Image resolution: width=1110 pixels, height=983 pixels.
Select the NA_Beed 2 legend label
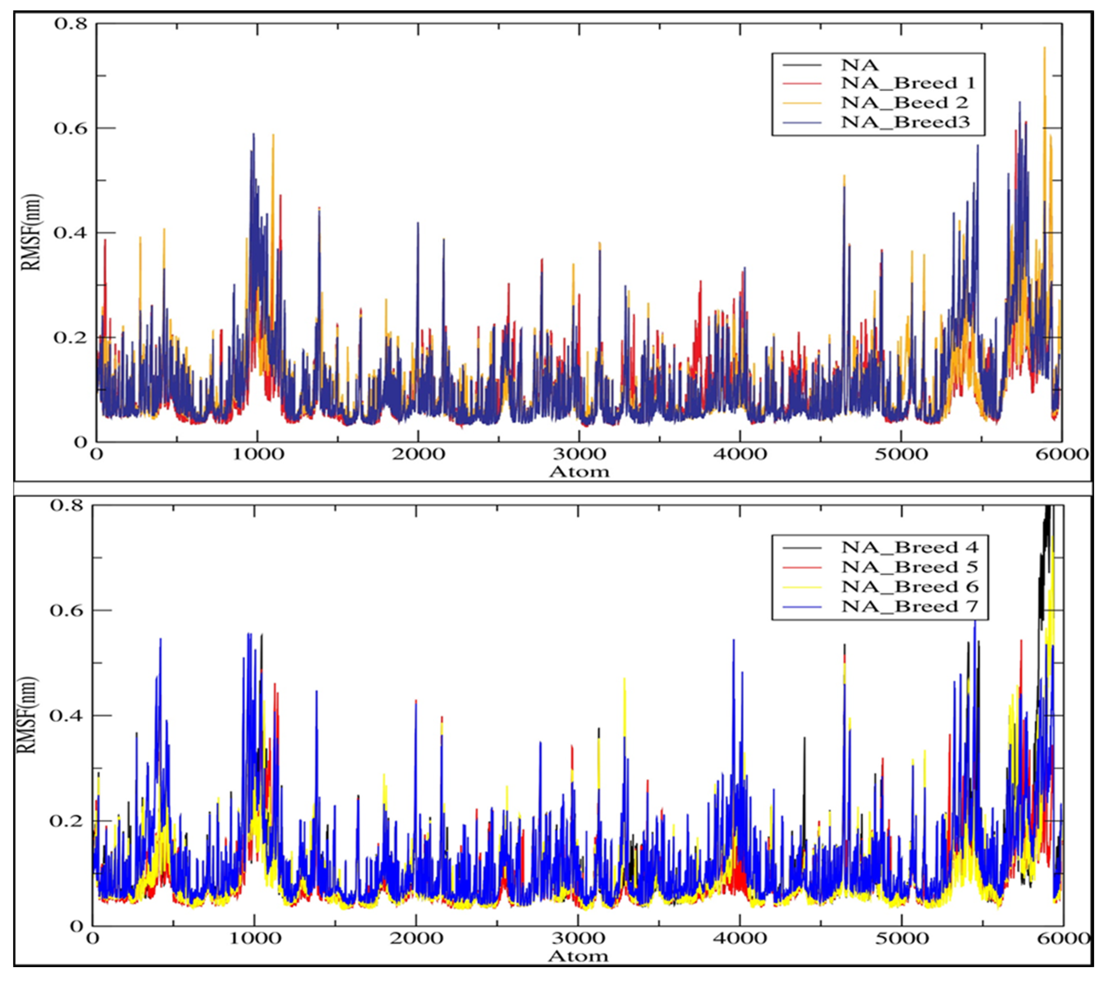coord(904,103)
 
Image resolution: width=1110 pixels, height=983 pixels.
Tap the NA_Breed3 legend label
coord(905,122)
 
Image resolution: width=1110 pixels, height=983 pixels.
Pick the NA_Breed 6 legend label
coord(909,586)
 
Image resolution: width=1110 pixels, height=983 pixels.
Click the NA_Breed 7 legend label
coord(909,606)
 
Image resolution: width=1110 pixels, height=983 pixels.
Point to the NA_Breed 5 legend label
coord(909,567)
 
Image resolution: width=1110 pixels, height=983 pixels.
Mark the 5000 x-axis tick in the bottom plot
coord(902,938)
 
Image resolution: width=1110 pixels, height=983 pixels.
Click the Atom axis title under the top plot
coord(579,471)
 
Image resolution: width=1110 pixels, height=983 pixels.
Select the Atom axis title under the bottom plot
coord(578,956)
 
